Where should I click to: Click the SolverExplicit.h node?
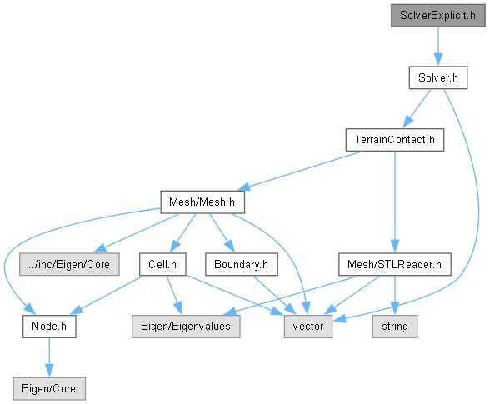point(438,15)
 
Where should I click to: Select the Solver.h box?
point(438,77)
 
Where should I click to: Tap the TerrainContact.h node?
point(395,140)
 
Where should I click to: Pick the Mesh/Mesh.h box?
point(202,202)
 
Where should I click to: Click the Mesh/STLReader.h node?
point(395,264)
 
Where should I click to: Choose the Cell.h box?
point(162,264)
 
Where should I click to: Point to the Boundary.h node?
point(242,264)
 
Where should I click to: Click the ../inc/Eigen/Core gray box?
point(69,264)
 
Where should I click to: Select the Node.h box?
point(49,327)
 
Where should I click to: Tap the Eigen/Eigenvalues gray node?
point(186,327)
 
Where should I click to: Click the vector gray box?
point(308,327)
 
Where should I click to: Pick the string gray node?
point(395,327)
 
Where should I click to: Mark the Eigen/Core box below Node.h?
point(49,389)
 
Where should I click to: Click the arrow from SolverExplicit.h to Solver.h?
point(438,47)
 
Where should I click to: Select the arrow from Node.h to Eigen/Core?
point(49,357)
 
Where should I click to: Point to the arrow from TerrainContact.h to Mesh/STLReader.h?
point(395,202)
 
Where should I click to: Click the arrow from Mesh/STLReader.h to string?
point(395,295)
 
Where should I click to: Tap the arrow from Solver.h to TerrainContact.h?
point(417,109)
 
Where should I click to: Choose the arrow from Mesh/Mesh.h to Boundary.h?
point(222,232)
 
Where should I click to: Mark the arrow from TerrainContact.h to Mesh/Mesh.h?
point(299,171)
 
